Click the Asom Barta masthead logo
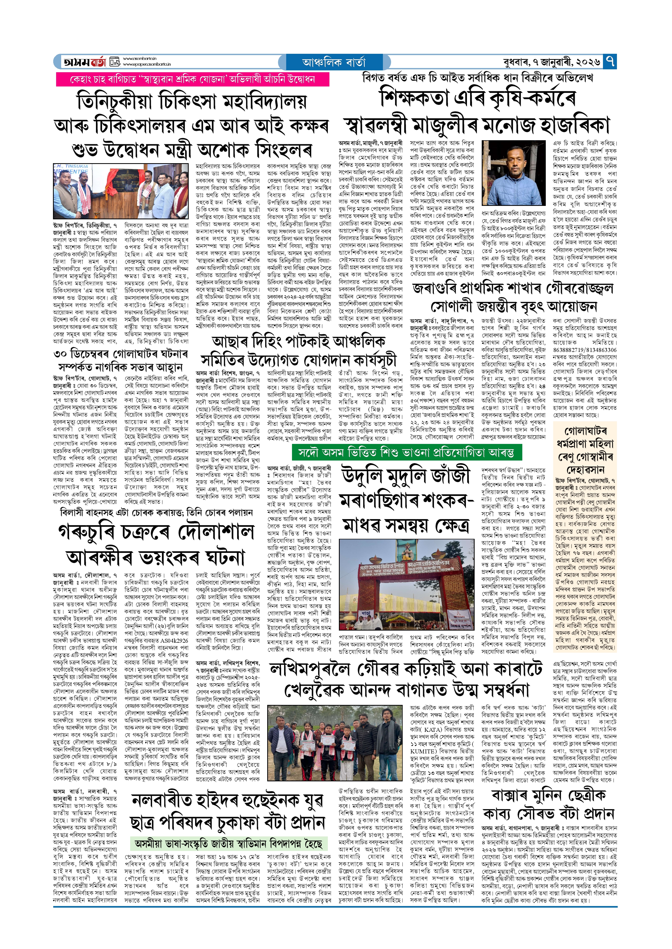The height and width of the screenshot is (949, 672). [85, 62]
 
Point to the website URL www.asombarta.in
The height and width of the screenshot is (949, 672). [139, 59]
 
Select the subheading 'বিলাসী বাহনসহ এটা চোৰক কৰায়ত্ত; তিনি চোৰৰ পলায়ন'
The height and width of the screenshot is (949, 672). [157, 512]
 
